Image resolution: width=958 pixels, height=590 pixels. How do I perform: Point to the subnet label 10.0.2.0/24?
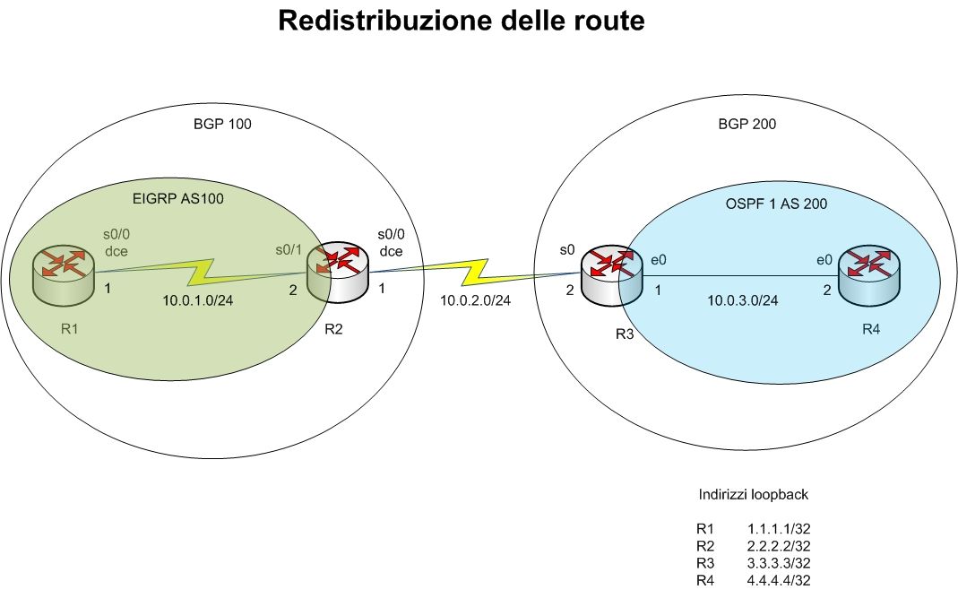click(475, 300)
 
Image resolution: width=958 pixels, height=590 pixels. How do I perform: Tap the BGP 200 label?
click(747, 125)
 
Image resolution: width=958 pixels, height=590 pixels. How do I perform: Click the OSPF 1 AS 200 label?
click(775, 204)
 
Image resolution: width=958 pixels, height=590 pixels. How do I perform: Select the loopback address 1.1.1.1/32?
click(784, 529)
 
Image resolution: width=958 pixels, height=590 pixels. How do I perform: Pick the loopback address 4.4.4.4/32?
click(784, 580)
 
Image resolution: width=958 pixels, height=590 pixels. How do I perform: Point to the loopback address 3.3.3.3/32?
click(784, 563)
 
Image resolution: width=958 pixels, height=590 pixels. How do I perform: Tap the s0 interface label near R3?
click(566, 250)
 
